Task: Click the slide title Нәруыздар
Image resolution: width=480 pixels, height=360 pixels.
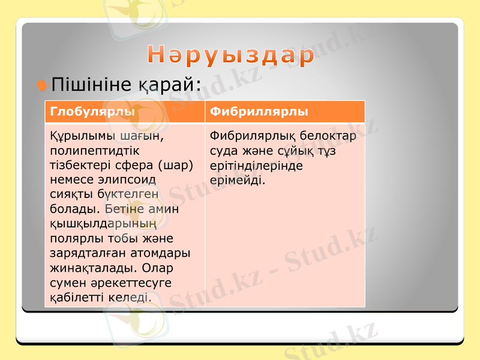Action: (231, 56)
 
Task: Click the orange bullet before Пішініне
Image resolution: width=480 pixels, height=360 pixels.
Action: (41, 85)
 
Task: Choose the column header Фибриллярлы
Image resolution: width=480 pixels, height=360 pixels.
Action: (259, 112)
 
